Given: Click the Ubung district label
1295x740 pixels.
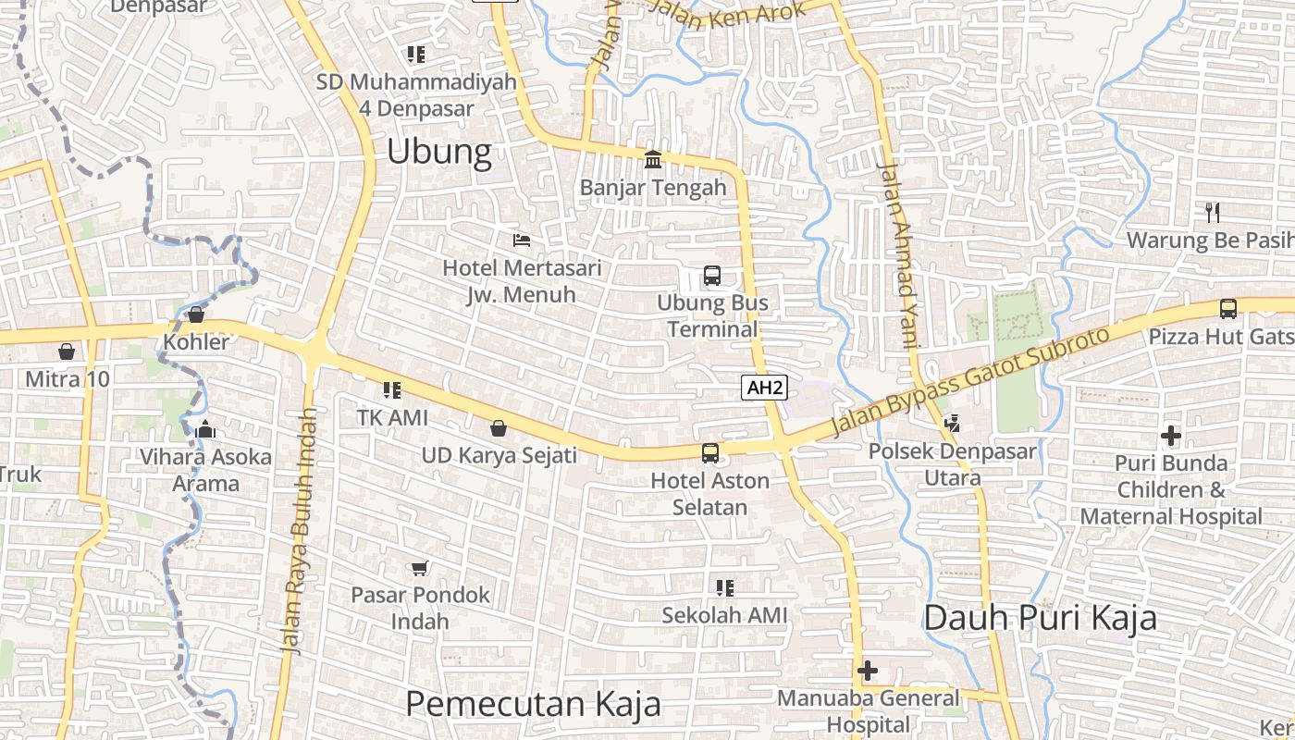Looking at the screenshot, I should (x=438, y=152).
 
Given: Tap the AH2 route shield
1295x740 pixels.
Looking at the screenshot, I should (x=764, y=388).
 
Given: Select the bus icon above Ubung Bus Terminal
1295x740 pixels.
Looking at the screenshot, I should (x=712, y=275).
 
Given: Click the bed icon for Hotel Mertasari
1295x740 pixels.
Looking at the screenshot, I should (x=522, y=240).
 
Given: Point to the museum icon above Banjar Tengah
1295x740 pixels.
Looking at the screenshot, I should (x=653, y=160).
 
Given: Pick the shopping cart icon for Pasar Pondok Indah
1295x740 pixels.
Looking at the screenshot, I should (x=420, y=567).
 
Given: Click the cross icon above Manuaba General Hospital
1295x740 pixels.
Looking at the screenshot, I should (x=868, y=671).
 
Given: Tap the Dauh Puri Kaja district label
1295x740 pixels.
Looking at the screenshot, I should (x=1041, y=617).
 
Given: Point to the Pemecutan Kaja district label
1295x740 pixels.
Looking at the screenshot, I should (x=533, y=704).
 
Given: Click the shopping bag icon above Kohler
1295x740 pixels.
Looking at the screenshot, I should (x=196, y=314).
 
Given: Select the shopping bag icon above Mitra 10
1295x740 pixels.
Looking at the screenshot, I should (x=67, y=351).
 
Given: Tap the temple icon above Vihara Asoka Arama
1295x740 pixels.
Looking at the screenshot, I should (x=205, y=429).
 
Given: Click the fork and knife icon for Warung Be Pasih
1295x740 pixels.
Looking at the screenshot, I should (x=1213, y=213).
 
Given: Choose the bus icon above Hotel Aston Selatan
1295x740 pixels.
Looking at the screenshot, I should (x=709, y=452).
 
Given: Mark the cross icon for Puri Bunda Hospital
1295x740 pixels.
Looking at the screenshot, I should (x=1171, y=435).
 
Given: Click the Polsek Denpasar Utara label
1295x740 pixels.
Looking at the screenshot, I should (x=953, y=464).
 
